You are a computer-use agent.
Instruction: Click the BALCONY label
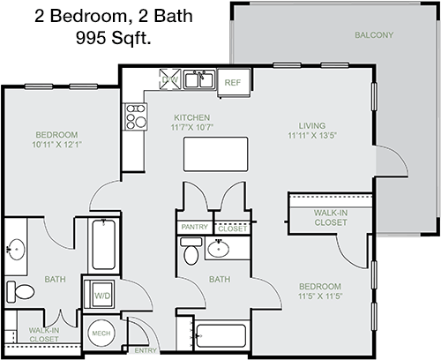pyautogui.click(x=374, y=35)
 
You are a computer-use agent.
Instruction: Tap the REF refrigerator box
pyautogui.click(x=234, y=83)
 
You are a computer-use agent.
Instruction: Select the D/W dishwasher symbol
pyautogui.click(x=170, y=79)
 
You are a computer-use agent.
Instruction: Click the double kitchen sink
pyautogui.click(x=198, y=79)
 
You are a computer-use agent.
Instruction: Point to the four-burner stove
pyautogui.click(x=136, y=116)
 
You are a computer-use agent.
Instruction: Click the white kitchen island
pyautogui.click(x=215, y=154)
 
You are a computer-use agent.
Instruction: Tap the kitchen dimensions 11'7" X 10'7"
pyautogui.click(x=192, y=127)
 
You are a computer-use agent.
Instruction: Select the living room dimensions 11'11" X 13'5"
pyautogui.click(x=312, y=135)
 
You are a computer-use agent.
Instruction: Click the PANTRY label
pyautogui.click(x=195, y=227)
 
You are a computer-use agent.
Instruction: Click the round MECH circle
pyautogui.click(x=101, y=334)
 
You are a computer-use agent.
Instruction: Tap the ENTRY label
pyautogui.click(x=146, y=350)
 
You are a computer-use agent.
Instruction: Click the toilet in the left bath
pyautogui.click(x=20, y=292)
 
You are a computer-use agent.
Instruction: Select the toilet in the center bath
pyautogui.click(x=191, y=251)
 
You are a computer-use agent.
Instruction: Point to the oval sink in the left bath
pyautogui.click(x=16, y=250)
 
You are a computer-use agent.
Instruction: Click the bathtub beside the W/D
pyautogui.click(x=103, y=244)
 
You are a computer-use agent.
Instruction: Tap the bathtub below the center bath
pyautogui.click(x=221, y=335)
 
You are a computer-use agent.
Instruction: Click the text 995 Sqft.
pyautogui.click(x=114, y=38)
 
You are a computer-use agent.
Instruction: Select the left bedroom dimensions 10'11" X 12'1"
pyautogui.click(x=56, y=145)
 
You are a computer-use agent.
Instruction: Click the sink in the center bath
pyautogui.click(x=218, y=249)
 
